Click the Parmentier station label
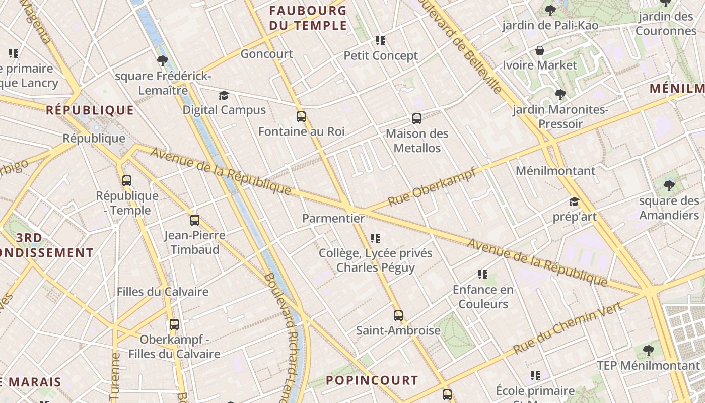click(333, 218)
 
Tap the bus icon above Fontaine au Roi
click(301, 117)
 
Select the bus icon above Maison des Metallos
click(417, 119)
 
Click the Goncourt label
click(266, 54)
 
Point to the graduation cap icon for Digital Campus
click(224, 95)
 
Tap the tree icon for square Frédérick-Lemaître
click(162, 61)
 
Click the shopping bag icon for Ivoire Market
click(540, 50)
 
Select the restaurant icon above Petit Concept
click(381, 41)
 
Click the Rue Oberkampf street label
click(432, 187)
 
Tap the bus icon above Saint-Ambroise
click(398, 316)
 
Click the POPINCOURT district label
click(372, 380)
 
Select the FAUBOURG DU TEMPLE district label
click(308, 18)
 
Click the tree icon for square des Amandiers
click(669, 186)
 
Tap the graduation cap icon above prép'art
click(574, 203)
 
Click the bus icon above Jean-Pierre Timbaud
click(195, 220)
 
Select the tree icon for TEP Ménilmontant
click(649, 350)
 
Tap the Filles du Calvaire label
click(163, 292)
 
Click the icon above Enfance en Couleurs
click(483, 275)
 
